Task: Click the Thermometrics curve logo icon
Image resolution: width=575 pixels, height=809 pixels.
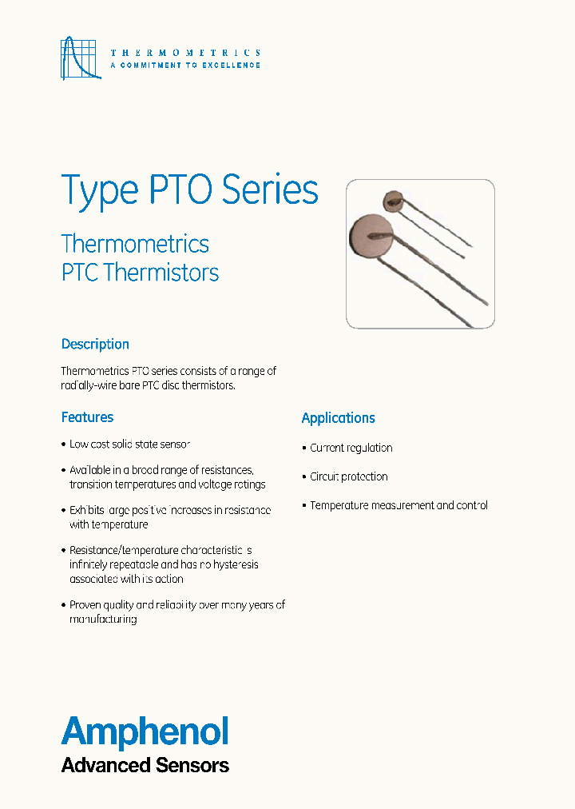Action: [x=81, y=58]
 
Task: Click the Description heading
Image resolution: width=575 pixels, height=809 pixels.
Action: [x=95, y=344]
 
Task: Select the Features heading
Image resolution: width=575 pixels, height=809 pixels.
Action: [x=87, y=416]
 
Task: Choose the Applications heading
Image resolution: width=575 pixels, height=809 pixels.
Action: [x=338, y=417]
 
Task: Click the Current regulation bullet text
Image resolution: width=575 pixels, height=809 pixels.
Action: [x=351, y=448]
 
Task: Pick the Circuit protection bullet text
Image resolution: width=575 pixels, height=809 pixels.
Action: [x=349, y=476]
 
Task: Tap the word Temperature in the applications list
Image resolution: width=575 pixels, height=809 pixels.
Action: [x=339, y=505]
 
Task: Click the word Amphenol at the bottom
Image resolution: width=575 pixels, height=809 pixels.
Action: [x=145, y=731]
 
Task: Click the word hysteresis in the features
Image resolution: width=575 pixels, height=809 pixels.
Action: [x=233, y=564]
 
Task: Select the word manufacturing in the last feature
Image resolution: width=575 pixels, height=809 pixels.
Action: [x=103, y=619]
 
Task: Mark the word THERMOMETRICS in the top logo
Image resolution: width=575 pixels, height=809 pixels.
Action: [x=185, y=52]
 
